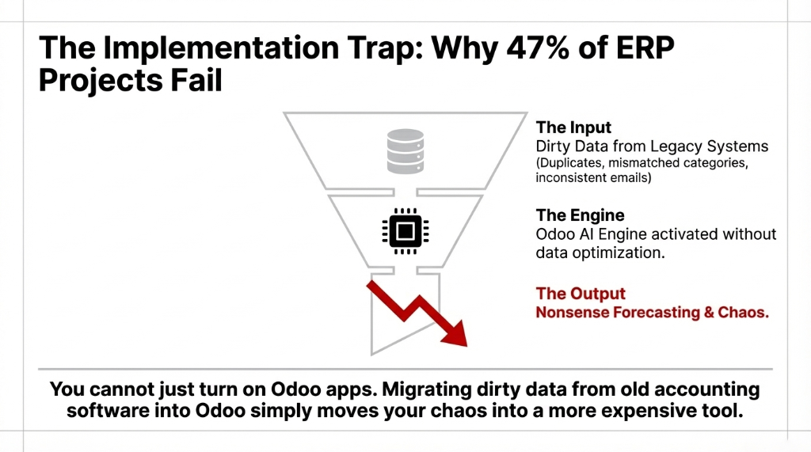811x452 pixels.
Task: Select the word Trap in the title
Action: [x=332, y=47]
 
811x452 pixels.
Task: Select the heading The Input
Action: [x=573, y=127]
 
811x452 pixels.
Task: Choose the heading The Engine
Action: [x=580, y=215]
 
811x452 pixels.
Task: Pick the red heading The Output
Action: [x=581, y=294]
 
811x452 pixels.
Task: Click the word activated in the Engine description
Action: [x=689, y=234]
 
